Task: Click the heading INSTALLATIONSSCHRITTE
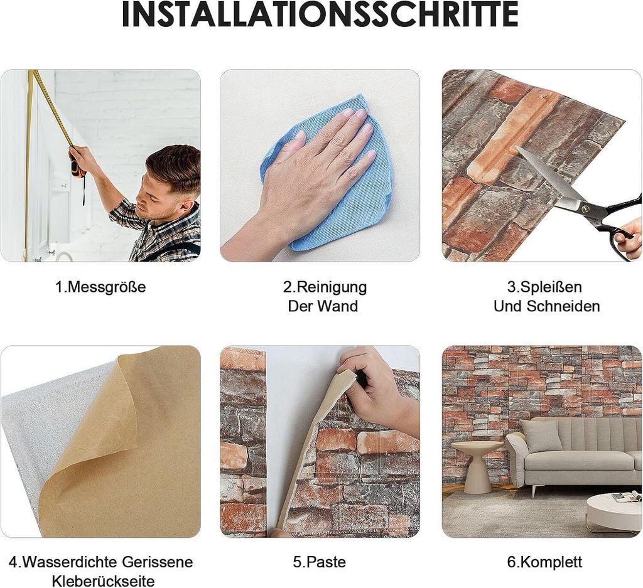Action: coord(320,15)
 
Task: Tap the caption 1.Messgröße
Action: coord(100,287)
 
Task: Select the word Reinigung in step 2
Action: coord(332,287)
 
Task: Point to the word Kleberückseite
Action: coord(103,581)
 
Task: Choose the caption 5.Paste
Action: coord(319,562)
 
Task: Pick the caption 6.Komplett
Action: coord(544,562)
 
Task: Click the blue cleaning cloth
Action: coord(328,176)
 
